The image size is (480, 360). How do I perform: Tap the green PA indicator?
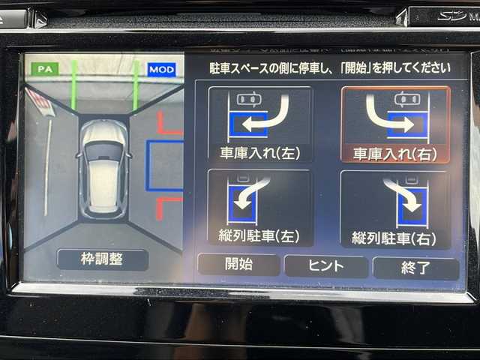pyautogui.click(x=45, y=68)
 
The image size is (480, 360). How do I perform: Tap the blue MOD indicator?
pyautogui.click(x=161, y=70)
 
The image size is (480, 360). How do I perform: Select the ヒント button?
pyautogui.click(x=326, y=265)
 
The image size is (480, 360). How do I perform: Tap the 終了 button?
pyautogui.click(x=415, y=267)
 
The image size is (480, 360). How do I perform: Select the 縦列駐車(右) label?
pyautogui.click(x=394, y=238)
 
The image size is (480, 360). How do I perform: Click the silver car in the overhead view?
pyautogui.click(x=103, y=167)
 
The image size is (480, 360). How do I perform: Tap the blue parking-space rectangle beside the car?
pyautogui.click(x=165, y=165)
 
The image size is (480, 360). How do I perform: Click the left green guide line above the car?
pyautogui.click(x=74, y=84)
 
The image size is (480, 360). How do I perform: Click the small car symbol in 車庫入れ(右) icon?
pyautogui.click(x=406, y=99)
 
